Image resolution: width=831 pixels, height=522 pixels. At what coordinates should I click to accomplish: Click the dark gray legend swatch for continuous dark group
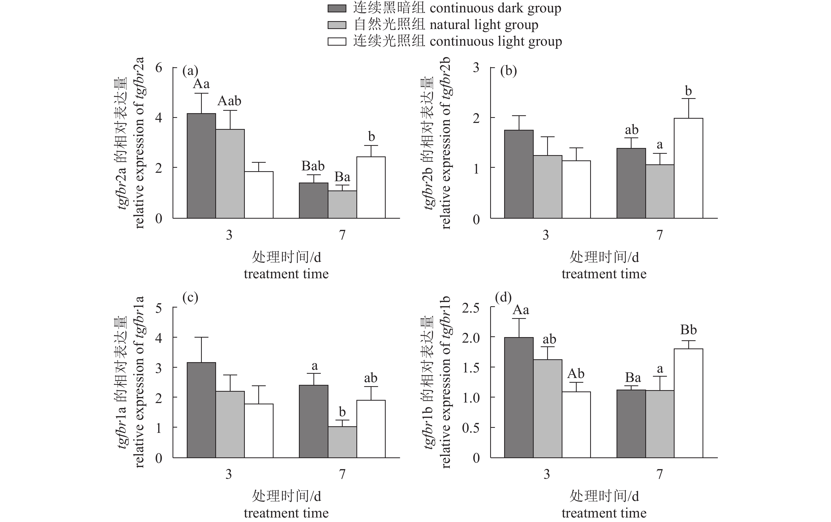(x=336, y=9)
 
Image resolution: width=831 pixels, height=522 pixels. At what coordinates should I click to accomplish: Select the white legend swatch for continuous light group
(x=336, y=41)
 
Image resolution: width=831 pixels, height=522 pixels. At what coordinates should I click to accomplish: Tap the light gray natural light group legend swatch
(x=336, y=25)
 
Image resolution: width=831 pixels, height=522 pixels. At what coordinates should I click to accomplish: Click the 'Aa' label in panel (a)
(x=201, y=84)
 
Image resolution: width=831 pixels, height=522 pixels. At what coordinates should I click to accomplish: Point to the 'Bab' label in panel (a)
(x=313, y=166)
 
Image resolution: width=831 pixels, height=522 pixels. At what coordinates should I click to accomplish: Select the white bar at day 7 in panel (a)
(x=371, y=187)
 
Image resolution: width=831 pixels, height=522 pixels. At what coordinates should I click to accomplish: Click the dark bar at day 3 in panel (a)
(x=201, y=166)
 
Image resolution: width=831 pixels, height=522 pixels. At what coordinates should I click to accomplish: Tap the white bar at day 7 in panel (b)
(x=689, y=168)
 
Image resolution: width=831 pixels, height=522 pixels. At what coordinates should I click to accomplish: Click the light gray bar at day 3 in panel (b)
(x=548, y=187)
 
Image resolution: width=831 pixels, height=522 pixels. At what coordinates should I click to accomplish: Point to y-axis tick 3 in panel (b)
(x=476, y=68)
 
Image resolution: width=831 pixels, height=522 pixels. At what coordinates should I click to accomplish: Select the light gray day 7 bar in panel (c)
(x=342, y=442)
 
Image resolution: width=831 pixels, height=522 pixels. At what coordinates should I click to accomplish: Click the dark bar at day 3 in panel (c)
(x=201, y=410)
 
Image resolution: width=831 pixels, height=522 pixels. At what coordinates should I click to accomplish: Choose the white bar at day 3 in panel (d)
(x=576, y=424)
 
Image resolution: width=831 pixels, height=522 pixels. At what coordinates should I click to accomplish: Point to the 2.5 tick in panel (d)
(x=471, y=308)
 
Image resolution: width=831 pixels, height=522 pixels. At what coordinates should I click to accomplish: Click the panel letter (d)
(x=503, y=297)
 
